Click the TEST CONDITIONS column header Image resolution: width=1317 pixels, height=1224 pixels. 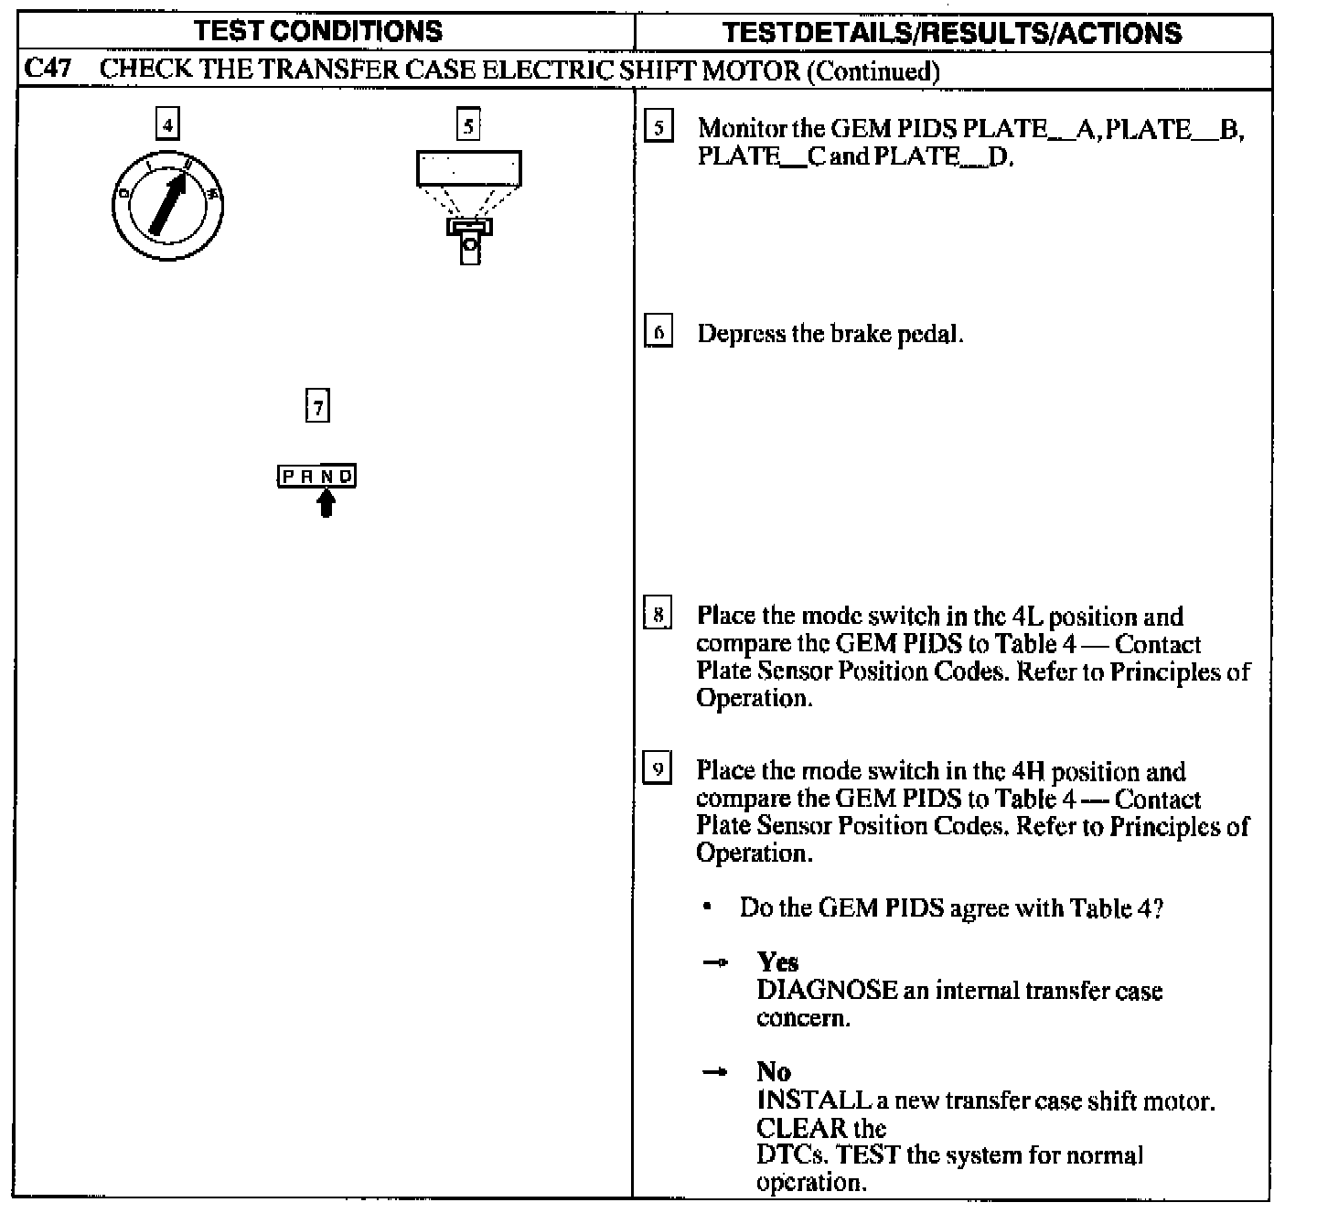point(318,32)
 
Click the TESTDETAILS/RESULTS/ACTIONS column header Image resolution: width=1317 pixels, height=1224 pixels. point(952,34)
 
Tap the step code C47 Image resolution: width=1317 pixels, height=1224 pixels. point(48,70)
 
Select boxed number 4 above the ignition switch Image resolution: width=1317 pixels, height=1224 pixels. point(167,123)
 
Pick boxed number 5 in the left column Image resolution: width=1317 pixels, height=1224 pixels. point(468,124)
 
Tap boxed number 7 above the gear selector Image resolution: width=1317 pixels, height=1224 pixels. point(317,406)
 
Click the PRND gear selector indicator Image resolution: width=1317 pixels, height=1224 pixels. point(317,476)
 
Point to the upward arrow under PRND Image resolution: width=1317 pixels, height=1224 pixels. point(326,502)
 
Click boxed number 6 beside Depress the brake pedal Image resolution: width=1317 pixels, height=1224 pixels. point(658,331)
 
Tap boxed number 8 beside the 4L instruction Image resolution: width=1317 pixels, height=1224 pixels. point(658,614)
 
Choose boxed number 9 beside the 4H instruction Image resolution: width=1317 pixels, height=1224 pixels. point(658,768)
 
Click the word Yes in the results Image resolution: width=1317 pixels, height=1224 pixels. point(777,961)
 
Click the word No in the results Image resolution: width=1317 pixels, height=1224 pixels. point(774,1071)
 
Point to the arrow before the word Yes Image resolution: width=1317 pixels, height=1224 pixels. point(715,962)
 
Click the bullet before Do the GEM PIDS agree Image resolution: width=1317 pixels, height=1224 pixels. point(707,907)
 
